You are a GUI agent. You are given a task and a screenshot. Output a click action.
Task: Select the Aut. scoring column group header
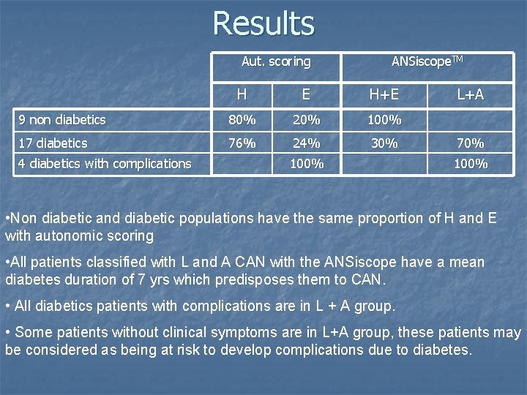click(x=276, y=61)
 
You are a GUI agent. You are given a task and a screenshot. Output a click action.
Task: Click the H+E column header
click(x=384, y=94)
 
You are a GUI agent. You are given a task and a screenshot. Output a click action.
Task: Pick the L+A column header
click(x=470, y=94)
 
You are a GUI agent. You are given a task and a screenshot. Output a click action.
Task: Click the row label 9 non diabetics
click(x=62, y=120)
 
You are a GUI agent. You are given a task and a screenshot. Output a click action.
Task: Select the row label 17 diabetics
click(x=53, y=143)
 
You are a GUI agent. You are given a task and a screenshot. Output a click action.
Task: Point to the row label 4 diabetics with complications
click(x=105, y=164)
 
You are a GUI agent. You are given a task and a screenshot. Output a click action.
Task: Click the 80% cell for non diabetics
click(x=241, y=120)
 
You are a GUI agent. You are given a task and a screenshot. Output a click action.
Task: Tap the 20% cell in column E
click(x=307, y=120)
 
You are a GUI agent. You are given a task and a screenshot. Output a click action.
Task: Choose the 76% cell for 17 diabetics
click(x=241, y=143)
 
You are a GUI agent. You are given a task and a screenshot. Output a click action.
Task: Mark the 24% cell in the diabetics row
click(x=307, y=143)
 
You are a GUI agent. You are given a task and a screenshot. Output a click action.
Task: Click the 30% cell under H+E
click(x=384, y=143)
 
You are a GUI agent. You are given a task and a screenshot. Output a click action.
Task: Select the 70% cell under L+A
click(x=470, y=143)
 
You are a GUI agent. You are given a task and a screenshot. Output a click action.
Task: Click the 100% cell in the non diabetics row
click(x=384, y=120)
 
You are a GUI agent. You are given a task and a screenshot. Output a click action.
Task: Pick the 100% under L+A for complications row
click(x=470, y=164)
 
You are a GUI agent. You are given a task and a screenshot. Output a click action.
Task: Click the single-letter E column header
click(x=307, y=94)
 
